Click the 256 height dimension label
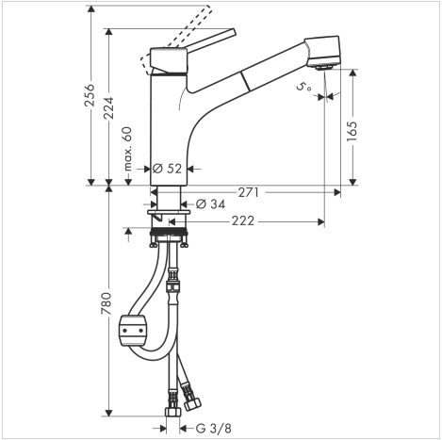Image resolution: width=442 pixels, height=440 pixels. (x=90, y=95)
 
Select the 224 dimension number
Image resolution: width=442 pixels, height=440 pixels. (x=108, y=108)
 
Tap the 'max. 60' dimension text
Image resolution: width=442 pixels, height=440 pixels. (x=127, y=149)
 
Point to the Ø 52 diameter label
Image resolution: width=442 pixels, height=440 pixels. (x=167, y=169)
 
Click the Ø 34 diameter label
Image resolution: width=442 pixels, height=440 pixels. (x=210, y=204)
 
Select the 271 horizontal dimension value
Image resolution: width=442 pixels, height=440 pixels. (x=248, y=192)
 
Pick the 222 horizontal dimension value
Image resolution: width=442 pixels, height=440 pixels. (x=243, y=221)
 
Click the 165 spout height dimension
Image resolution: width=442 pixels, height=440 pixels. (x=352, y=131)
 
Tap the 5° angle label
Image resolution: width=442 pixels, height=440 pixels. (x=304, y=87)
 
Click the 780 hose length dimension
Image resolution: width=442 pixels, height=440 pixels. (x=106, y=303)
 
